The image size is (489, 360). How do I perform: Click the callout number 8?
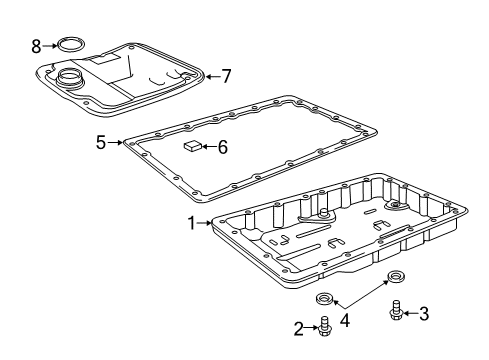pyautogui.click(x=36, y=46)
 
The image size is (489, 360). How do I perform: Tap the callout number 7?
pyautogui.click(x=226, y=76)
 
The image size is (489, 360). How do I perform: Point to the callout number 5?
pyautogui.click(x=101, y=142)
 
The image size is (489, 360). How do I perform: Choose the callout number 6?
pyautogui.click(x=223, y=147)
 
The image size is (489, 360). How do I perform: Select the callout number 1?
pyautogui.click(x=192, y=223)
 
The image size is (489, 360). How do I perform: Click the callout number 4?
pyautogui.click(x=345, y=321)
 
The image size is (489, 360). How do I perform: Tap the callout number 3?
pyautogui.click(x=424, y=313)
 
